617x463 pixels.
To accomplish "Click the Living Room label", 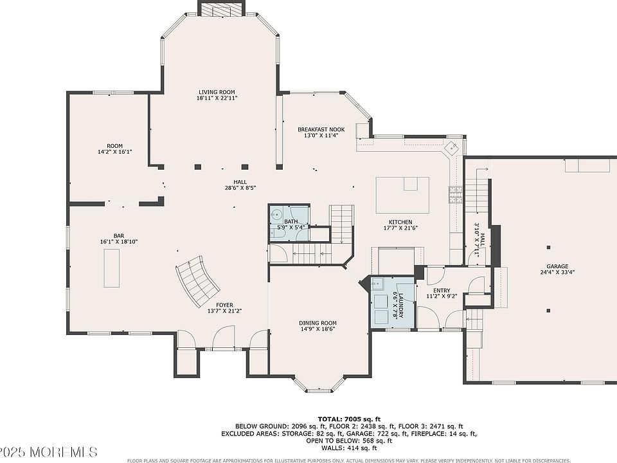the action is click(217, 92).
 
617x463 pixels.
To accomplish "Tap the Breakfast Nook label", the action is click(321, 129).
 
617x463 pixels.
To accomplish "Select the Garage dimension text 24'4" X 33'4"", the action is click(557, 272).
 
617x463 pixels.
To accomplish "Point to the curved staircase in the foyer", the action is click(197, 281).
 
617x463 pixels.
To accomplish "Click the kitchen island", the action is click(402, 195).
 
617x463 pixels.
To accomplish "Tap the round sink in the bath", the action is click(276, 215).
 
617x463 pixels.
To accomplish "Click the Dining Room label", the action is click(317, 323).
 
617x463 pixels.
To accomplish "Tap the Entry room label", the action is click(442, 291).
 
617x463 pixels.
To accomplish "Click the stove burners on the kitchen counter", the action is click(456, 194).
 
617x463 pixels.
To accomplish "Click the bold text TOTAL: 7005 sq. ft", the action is click(349, 419).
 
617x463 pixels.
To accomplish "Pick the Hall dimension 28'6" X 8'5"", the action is click(240, 188).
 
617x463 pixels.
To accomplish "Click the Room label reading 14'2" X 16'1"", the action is click(115, 152).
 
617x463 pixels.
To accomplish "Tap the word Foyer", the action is click(224, 305).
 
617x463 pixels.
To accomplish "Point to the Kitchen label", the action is click(400, 222).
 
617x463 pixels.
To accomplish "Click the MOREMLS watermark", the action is click(62, 451).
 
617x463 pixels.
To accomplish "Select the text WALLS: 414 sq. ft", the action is click(349, 448).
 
